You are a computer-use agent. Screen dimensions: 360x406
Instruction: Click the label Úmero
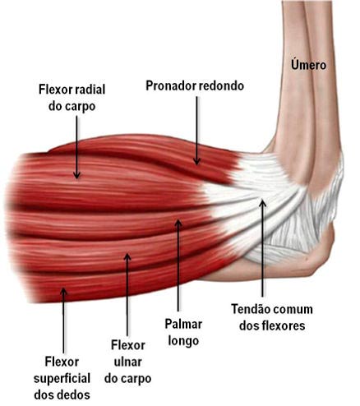tap(308, 65)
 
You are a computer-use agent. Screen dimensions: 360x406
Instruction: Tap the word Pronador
tap(171, 85)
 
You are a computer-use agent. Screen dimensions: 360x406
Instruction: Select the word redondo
tap(221, 85)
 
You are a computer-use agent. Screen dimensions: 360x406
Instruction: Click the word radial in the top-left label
tap(90, 90)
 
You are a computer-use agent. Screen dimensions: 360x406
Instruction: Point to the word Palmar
tap(183, 324)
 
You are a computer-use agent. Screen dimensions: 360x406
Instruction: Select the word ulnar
tap(127, 362)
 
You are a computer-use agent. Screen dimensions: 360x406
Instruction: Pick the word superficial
tap(62, 380)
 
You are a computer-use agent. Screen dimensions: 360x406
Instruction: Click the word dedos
tap(75, 395)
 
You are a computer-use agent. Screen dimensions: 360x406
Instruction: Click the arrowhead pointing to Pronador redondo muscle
tap(196, 161)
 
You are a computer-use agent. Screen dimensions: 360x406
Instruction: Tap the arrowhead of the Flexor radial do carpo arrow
tap(76, 175)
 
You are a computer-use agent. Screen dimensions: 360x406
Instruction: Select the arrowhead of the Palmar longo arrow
tap(178, 224)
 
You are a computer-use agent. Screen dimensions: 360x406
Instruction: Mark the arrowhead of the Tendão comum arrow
tap(263, 204)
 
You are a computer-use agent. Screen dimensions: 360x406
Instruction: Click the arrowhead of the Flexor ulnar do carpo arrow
tap(127, 257)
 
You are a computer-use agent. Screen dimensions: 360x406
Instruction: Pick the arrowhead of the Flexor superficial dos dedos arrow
tap(63, 292)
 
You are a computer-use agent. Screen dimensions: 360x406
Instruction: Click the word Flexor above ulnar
tap(127, 345)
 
